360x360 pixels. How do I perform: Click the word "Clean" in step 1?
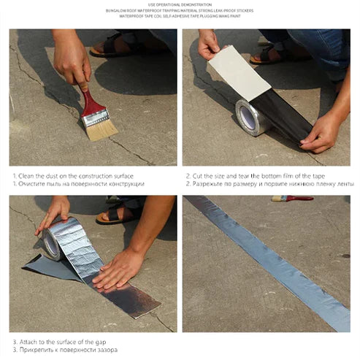point(26,175)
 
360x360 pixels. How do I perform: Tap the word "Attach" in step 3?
point(28,341)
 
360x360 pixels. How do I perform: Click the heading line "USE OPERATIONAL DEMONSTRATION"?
point(180,4)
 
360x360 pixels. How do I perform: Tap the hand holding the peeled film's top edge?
point(208,45)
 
